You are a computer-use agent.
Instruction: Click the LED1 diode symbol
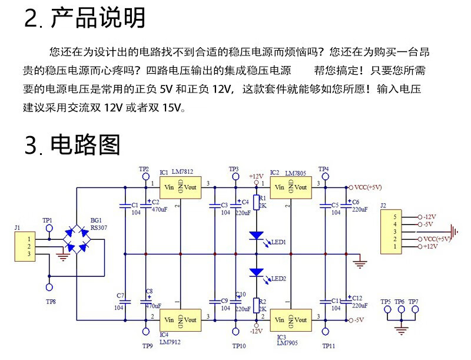pos(256,236)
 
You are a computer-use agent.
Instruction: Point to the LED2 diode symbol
pos(256,272)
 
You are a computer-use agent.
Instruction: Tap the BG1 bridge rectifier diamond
pos(77,239)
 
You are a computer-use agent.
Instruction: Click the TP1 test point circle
pos(49,228)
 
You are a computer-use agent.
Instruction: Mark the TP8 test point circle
pos(49,288)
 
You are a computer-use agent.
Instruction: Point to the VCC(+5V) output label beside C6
pos(368,187)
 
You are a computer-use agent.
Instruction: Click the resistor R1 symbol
pos(256,202)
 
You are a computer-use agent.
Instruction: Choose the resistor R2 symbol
pos(256,305)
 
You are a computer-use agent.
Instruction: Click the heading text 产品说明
pos(98,18)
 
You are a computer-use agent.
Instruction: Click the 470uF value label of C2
pos(160,209)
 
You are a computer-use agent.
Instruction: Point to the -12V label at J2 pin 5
pos(430,216)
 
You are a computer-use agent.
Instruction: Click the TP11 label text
pos(329,346)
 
